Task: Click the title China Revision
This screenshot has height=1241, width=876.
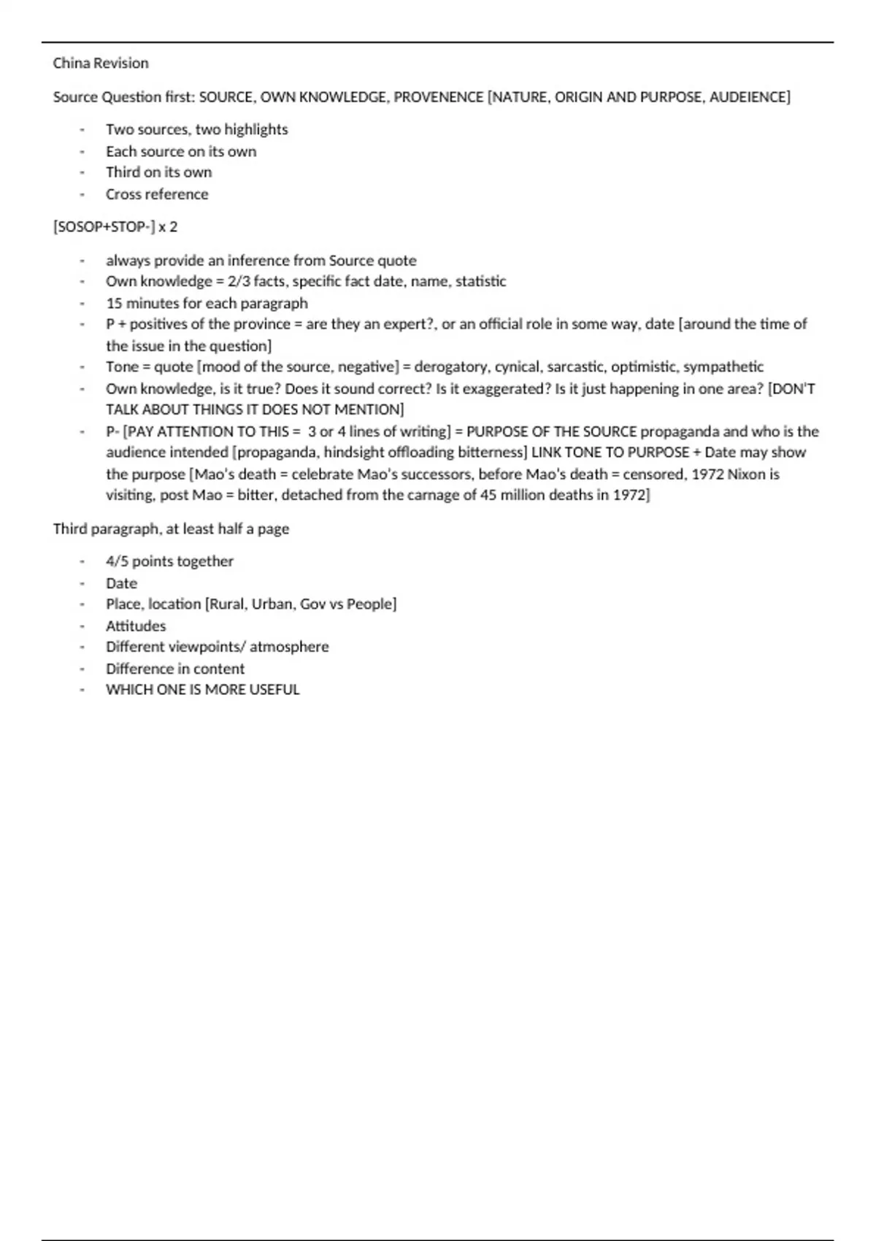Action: [x=101, y=64]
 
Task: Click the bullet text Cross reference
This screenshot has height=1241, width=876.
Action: [x=157, y=194]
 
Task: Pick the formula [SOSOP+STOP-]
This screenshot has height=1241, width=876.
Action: [x=104, y=227]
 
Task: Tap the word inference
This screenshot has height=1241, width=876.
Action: [x=258, y=261]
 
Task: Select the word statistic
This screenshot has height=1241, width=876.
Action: [x=480, y=282]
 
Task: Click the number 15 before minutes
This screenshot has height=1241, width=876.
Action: [x=114, y=303]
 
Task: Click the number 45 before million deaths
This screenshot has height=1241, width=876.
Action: [x=488, y=496]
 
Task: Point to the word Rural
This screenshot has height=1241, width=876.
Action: [x=226, y=604]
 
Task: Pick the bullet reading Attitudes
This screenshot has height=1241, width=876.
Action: [x=136, y=626]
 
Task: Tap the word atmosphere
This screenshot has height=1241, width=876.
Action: [x=289, y=647]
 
